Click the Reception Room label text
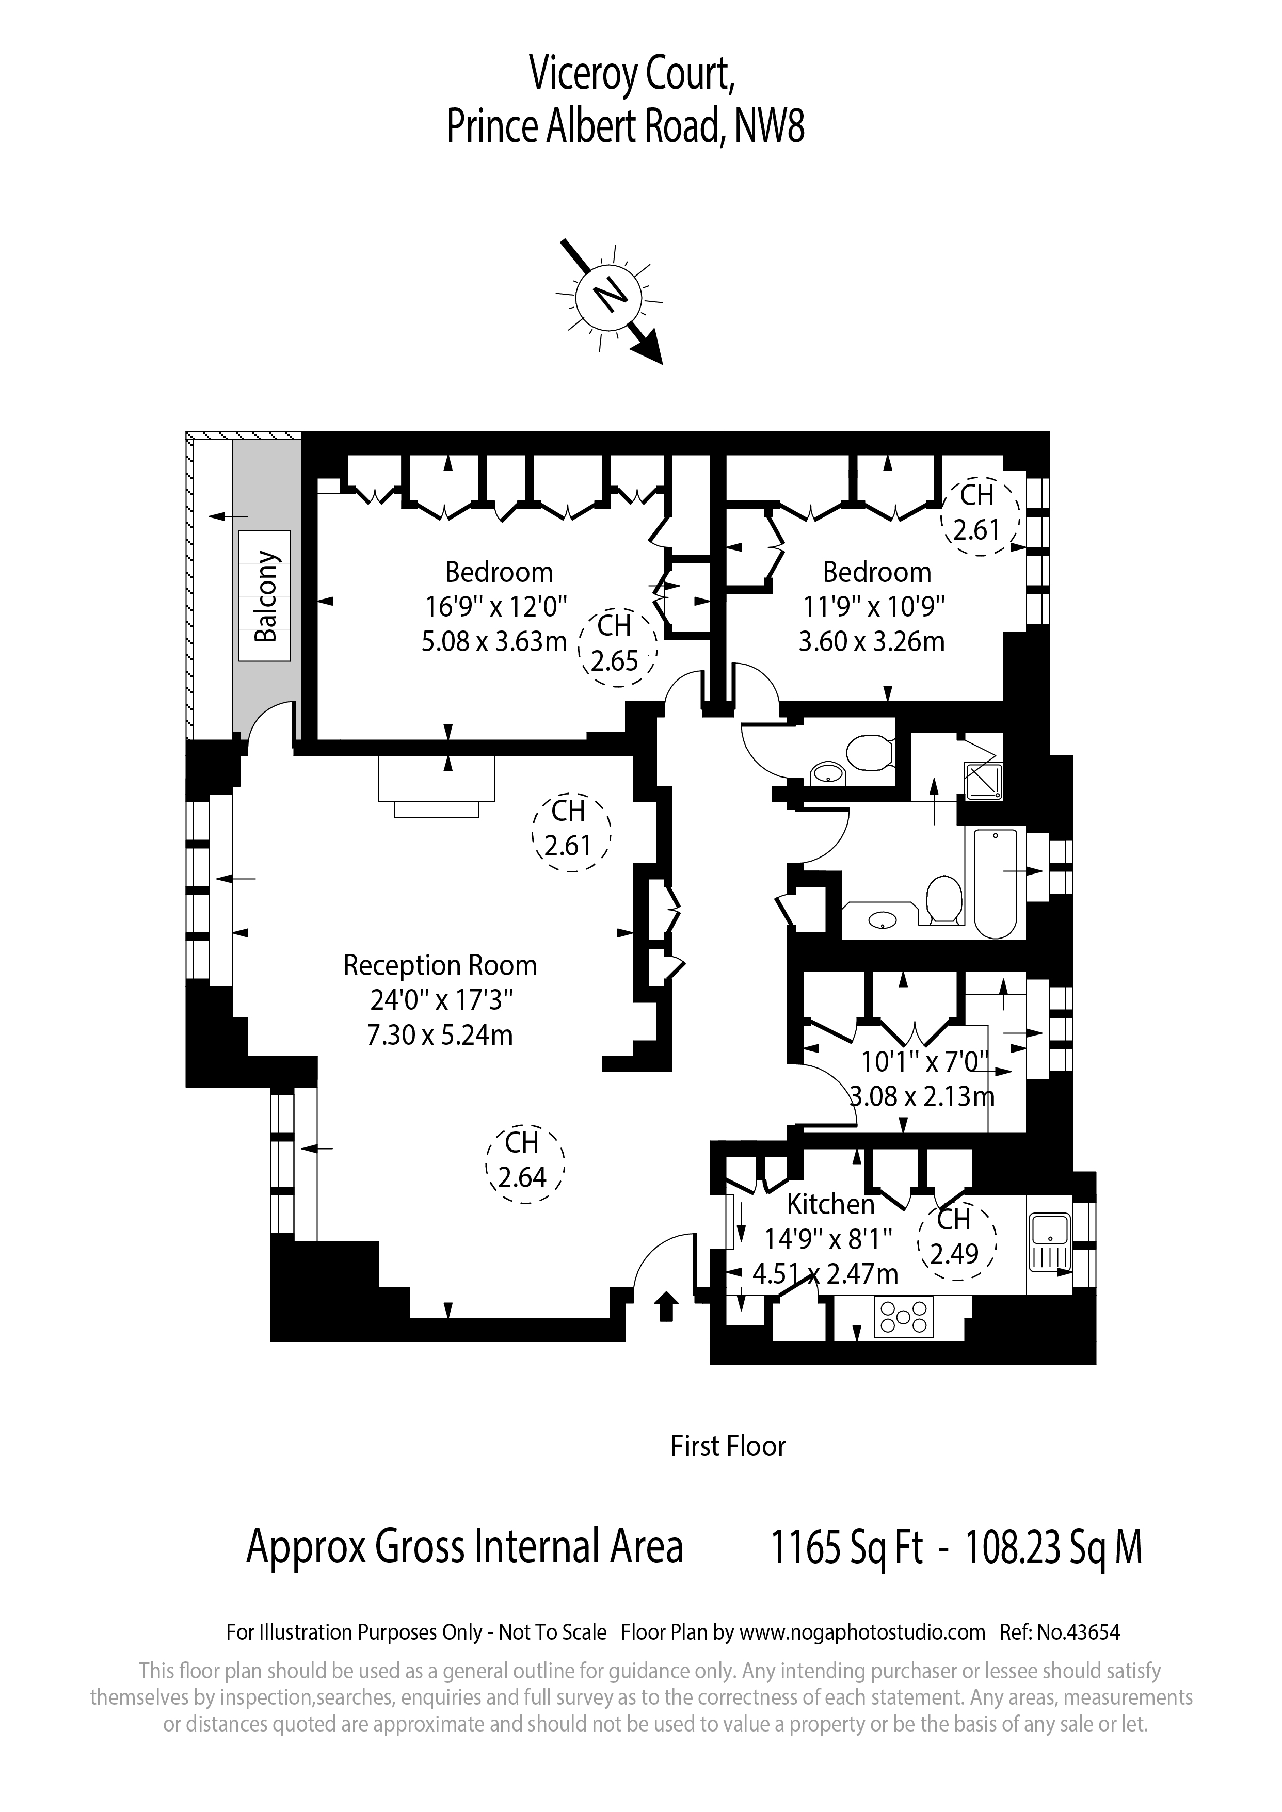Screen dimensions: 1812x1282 point(440,966)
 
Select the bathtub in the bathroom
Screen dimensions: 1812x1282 point(996,883)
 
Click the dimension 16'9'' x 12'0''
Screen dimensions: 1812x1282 point(496,607)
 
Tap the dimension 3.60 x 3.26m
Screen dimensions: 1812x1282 point(872,642)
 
